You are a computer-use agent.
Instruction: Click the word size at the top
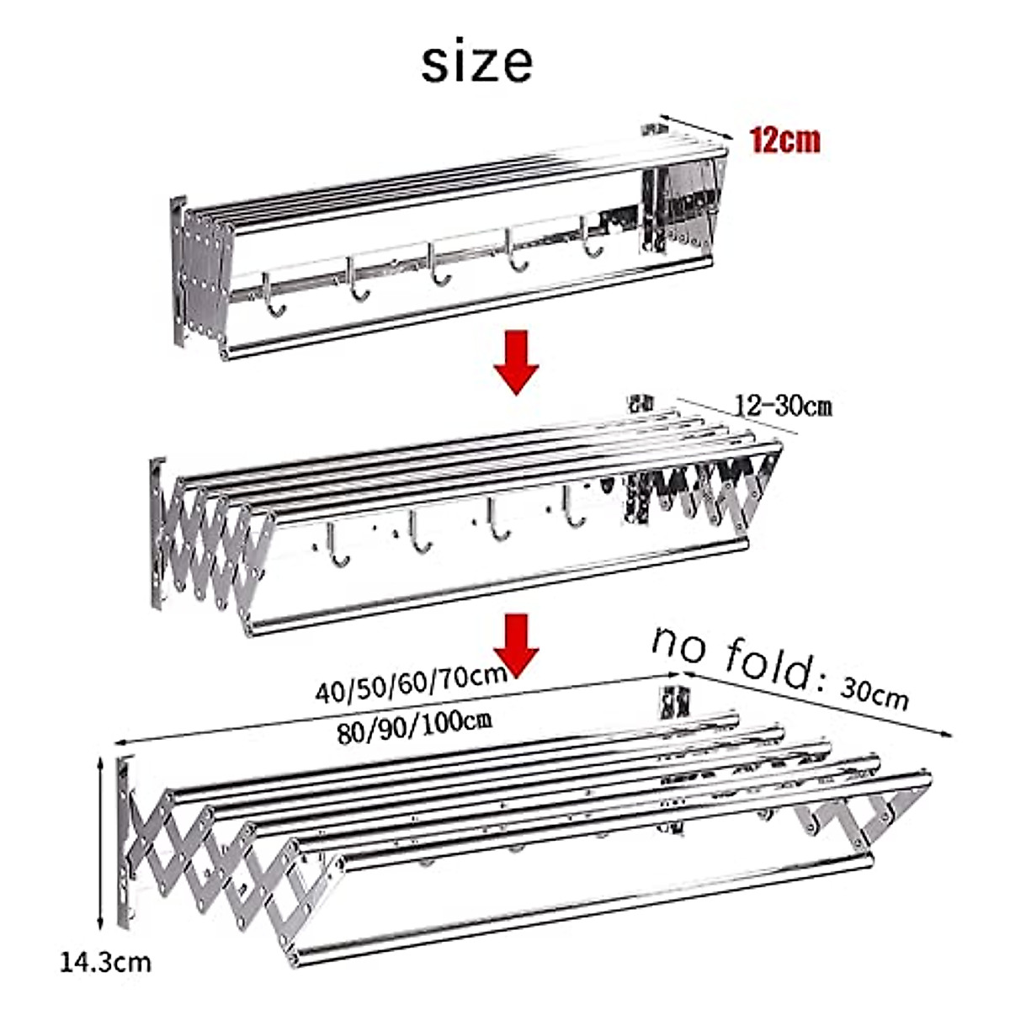coord(476,62)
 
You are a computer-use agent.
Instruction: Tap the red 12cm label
coord(784,140)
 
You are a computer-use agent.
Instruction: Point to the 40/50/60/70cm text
coord(411,683)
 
